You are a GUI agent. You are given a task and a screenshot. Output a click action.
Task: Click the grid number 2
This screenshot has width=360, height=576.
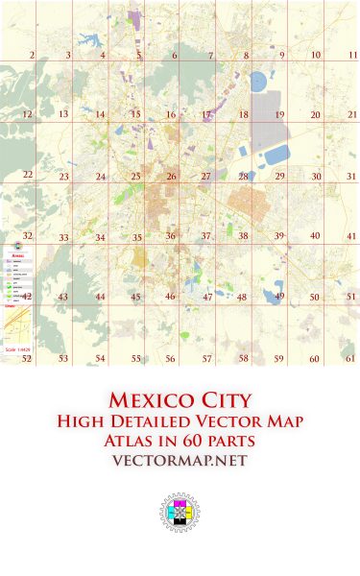[32, 56]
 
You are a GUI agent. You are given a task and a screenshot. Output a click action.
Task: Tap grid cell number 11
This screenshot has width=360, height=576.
[353, 56]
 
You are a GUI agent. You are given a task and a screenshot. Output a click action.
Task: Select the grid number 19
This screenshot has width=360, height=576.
[280, 115]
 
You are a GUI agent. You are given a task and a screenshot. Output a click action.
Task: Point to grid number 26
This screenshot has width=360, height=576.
[171, 177]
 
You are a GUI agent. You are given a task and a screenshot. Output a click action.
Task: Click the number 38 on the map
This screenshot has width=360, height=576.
[244, 236]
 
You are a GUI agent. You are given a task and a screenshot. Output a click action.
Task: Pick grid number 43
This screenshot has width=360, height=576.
[62, 298]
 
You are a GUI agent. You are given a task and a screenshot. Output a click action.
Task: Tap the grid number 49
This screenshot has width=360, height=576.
[280, 297]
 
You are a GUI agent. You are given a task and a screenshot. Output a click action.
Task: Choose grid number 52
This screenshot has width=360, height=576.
[27, 358]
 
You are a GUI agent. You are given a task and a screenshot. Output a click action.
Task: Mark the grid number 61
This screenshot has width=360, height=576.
[350, 358]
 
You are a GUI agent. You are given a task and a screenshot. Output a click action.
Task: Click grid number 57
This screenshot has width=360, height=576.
[206, 358]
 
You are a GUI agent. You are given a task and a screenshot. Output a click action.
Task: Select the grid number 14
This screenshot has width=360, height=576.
[100, 115]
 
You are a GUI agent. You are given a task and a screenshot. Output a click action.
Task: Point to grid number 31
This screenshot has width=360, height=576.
[351, 177]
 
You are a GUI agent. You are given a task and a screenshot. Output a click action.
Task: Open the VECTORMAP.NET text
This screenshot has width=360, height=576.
[180, 462]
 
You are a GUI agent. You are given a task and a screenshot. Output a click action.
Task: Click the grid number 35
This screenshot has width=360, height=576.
[137, 237]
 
